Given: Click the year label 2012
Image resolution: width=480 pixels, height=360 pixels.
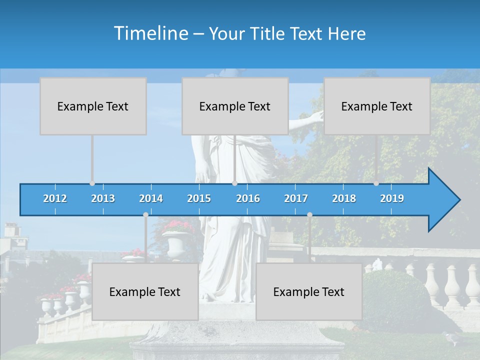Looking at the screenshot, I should coord(55,198).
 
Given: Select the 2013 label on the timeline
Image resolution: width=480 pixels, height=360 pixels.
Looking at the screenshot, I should coord(103,198).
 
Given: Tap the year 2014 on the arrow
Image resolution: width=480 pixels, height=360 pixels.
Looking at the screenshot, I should coord(151,198).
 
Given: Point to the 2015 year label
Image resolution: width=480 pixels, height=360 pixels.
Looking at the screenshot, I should coord(199,198).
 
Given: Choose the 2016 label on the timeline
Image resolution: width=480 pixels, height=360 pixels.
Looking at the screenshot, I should coord(248,198).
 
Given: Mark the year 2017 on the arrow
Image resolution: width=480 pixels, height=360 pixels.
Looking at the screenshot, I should coord(296,198).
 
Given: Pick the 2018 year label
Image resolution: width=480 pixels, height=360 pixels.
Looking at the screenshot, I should coord(344,198).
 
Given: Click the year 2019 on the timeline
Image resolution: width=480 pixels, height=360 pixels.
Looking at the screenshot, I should coord(392,198).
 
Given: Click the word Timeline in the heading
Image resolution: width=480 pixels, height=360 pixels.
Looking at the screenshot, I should coord(150,33).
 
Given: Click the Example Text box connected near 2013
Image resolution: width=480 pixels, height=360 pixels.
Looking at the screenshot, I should coord(93,106).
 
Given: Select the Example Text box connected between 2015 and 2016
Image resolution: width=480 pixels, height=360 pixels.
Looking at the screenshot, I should coord(235,106).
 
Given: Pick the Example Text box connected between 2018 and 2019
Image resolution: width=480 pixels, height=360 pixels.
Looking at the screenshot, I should coord(377,106).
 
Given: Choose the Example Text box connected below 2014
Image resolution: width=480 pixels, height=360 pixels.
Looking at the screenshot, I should coord(145,291).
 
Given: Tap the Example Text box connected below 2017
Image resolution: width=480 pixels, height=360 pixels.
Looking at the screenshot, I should coord(309,291).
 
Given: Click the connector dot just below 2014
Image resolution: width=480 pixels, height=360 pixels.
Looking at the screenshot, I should coord(145,214).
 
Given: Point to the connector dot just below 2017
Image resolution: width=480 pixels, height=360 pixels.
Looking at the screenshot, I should coord(309,214).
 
